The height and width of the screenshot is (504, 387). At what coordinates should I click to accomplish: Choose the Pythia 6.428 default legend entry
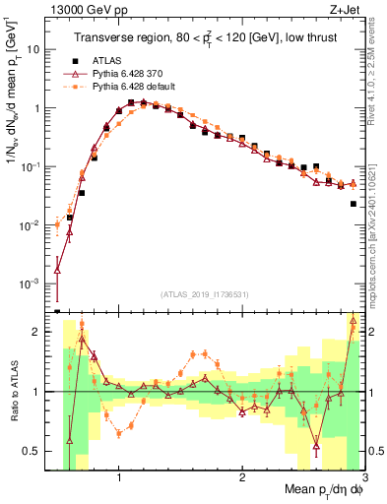click(x=128, y=87)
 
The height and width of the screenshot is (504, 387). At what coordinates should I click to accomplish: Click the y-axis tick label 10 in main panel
click(x=35, y=48)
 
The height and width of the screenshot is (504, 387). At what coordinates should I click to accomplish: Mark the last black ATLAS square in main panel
click(x=353, y=204)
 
